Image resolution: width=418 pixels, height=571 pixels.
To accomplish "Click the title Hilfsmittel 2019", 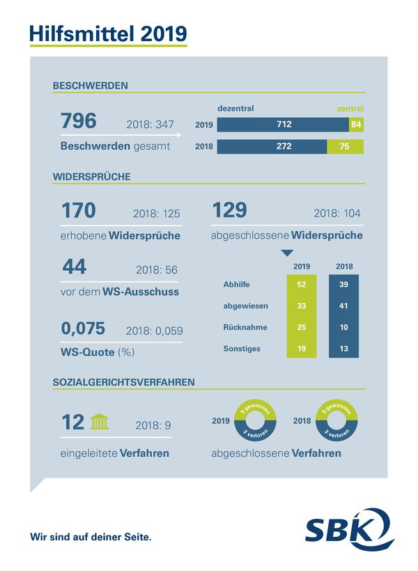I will pyautogui.click(x=108, y=32).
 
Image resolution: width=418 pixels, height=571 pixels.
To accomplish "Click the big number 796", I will pyautogui.click(x=78, y=121).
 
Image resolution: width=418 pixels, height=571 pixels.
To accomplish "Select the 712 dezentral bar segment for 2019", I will pyautogui.click(x=283, y=125).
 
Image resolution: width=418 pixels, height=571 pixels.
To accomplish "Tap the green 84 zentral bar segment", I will pyautogui.click(x=356, y=125).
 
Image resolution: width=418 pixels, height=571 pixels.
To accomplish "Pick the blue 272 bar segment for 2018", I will pyautogui.click(x=272, y=147).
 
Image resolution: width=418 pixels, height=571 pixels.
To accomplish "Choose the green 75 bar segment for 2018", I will pyautogui.click(x=345, y=147).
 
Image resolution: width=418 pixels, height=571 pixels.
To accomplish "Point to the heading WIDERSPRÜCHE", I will pyautogui.click(x=92, y=176).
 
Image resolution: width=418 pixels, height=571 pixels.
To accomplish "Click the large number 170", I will pyautogui.click(x=78, y=210).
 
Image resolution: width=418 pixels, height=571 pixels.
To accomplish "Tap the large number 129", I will pyautogui.click(x=229, y=210).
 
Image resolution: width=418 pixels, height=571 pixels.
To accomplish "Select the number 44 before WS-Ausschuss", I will pyautogui.click(x=74, y=267).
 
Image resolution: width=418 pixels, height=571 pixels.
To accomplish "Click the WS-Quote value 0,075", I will pyautogui.click(x=83, y=327).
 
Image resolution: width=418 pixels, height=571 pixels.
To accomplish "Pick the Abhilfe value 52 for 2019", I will pyautogui.click(x=302, y=285).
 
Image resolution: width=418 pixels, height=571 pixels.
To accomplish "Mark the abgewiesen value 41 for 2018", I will pyautogui.click(x=344, y=306).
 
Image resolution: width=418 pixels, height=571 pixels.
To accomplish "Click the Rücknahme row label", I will pyautogui.click(x=240, y=327).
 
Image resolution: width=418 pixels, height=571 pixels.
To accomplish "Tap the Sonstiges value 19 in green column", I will pyautogui.click(x=302, y=348).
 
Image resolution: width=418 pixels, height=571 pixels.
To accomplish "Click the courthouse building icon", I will pyautogui.click(x=98, y=422).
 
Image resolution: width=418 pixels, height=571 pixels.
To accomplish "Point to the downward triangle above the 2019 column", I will pyautogui.click(x=287, y=253).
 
